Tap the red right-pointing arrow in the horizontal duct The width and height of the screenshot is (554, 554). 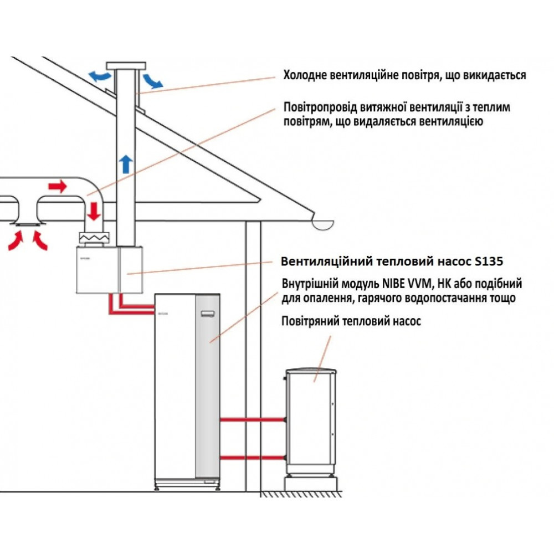pos(57,187)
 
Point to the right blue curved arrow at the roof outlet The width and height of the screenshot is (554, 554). pos(152,81)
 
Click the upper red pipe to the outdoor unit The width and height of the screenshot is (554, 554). pos(252,420)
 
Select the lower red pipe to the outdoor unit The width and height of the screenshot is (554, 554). pos(252,458)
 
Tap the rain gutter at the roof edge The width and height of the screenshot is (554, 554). pos(323,224)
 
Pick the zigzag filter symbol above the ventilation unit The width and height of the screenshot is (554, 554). pos(95,237)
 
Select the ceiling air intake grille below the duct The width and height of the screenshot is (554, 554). pos(27,224)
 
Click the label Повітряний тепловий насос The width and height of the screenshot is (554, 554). pos(351,321)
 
